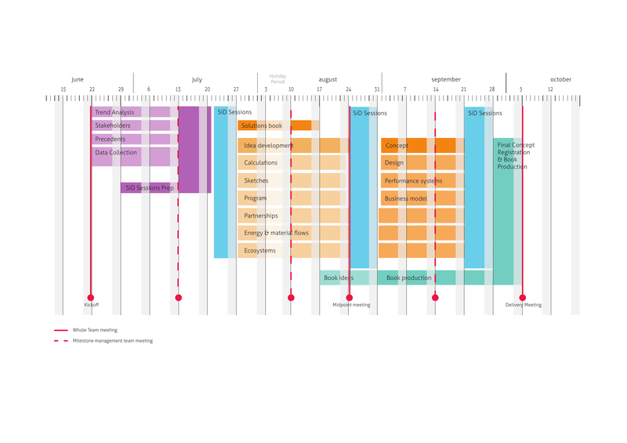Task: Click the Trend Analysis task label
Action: coord(114,113)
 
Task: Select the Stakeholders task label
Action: coord(113,125)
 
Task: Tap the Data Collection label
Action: coord(116,153)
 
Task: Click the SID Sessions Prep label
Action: coord(149,188)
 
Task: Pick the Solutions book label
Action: coord(262,125)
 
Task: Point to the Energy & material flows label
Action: coord(276,233)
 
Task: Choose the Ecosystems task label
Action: coord(260,251)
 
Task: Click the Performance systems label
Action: coord(413,181)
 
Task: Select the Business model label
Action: coord(405,198)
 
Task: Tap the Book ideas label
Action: coord(338,278)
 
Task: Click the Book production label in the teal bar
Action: coord(408,278)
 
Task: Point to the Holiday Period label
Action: coord(278,79)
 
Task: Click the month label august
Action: coord(328,80)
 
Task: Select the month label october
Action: coord(560,80)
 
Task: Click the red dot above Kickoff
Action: coord(91,298)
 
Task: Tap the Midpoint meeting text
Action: coord(351,305)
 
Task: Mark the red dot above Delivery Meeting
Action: coord(522,298)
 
